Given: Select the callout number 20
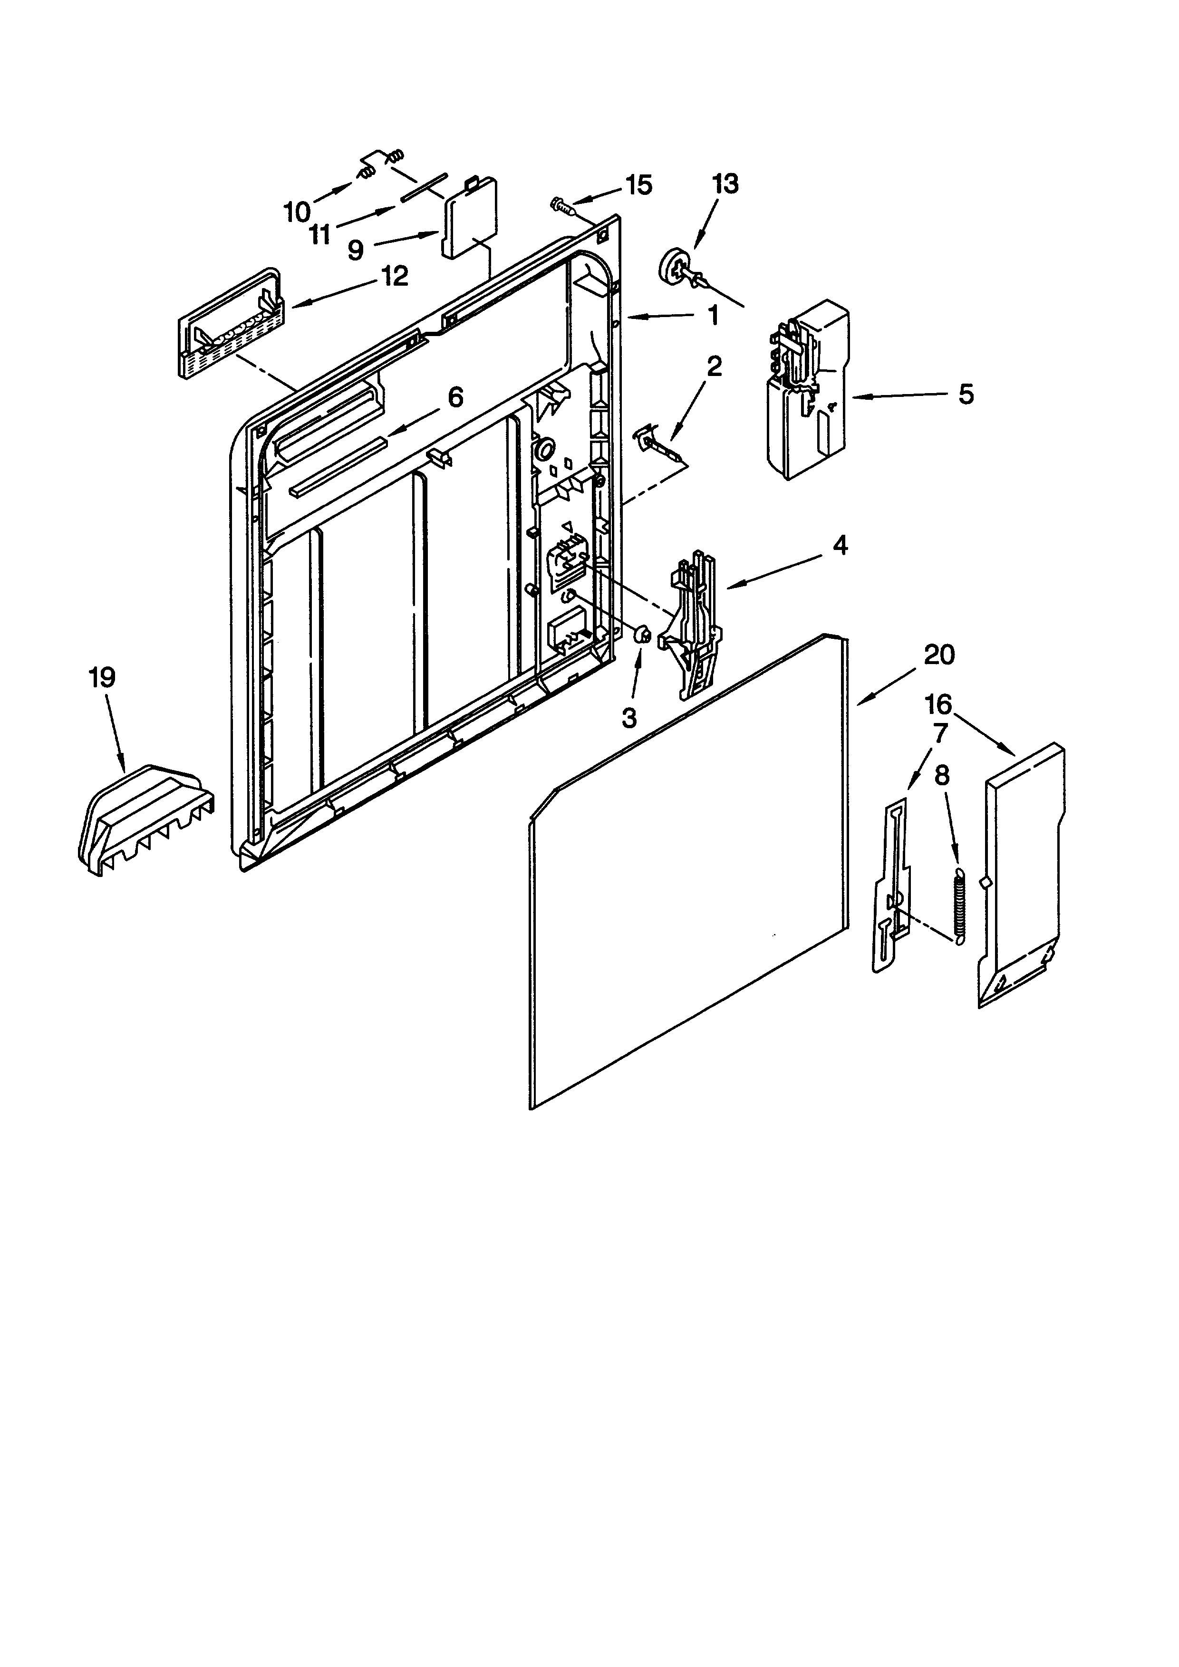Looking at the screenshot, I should (x=939, y=655).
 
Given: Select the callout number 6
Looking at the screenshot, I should (x=454, y=397).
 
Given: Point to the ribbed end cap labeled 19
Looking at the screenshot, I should (x=145, y=820).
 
